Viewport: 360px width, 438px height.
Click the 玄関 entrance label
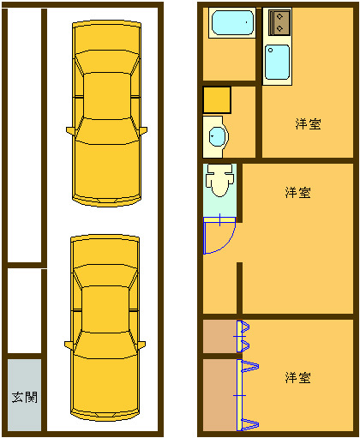pyautogui.click(x=25, y=397)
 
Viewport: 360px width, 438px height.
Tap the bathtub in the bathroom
pyautogui.click(x=232, y=22)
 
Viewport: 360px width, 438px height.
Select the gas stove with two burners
pyautogui.click(x=280, y=22)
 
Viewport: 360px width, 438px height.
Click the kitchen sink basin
pyautogui.click(x=277, y=63)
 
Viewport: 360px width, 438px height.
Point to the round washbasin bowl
pyautogui.click(x=218, y=137)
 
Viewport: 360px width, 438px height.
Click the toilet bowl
pyautogui.click(x=219, y=180)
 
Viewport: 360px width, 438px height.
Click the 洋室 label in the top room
pyautogui.click(x=308, y=123)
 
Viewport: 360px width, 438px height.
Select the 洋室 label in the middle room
pyautogui.click(x=297, y=193)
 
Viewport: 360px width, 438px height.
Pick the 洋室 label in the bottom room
pyautogui.click(x=297, y=377)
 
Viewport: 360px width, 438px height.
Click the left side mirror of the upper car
pyautogui.click(x=70, y=130)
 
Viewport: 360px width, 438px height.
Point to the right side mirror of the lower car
pyautogui.click(x=141, y=345)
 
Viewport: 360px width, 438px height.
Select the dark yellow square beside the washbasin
pyautogui.click(x=217, y=100)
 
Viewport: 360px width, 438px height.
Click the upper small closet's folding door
pyautogui.click(x=243, y=337)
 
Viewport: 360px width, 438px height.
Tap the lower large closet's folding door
pyautogui.click(x=246, y=395)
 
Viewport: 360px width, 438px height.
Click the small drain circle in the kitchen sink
pyautogui.click(x=271, y=51)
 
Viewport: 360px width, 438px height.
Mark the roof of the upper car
pyautogui.click(x=107, y=96)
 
